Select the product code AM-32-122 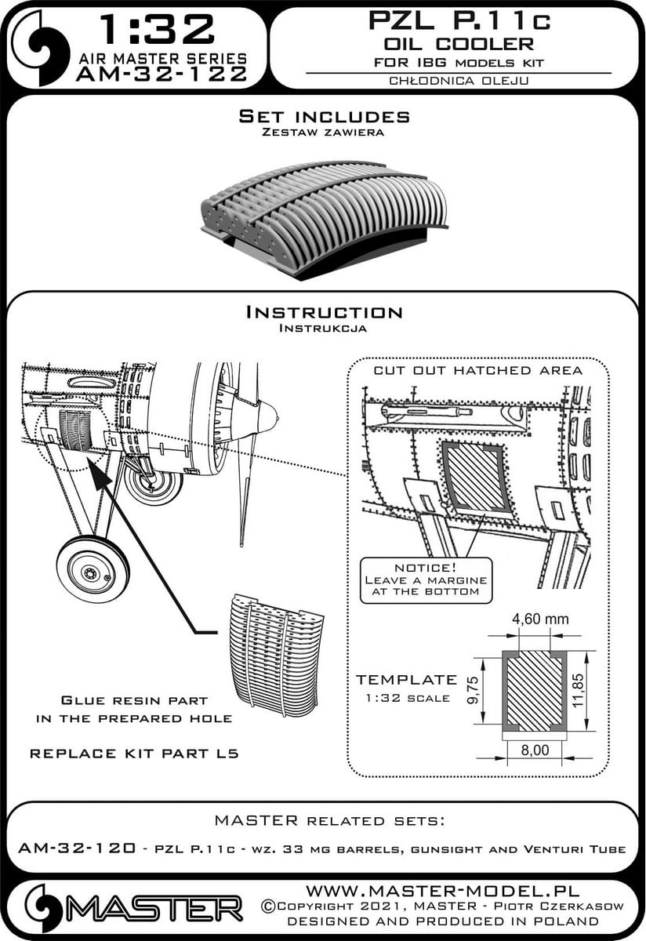(x=160, y=75)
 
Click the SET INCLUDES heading (x=324, y=117)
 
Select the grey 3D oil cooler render (x=324, y=223)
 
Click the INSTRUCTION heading (x=324, y=312)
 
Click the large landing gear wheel (x=93, y=569)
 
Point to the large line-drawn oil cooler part (x=274, y=651)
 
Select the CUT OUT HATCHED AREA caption (x=477, y=370)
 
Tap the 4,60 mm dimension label (x=540, y=620)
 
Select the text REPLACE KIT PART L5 (x=133, y=754)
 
